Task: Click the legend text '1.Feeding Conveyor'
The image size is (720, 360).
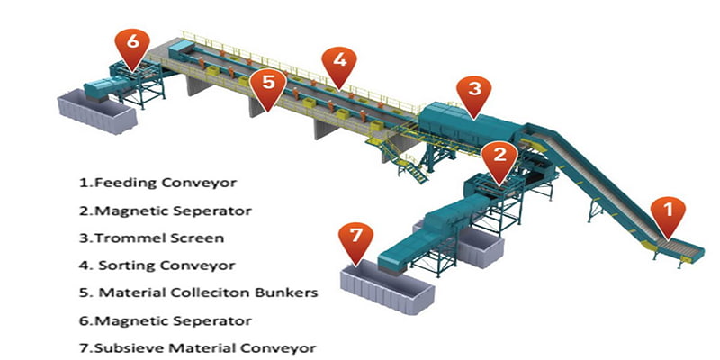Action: (158, 183)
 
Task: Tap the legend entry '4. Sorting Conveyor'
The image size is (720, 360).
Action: (158, 265)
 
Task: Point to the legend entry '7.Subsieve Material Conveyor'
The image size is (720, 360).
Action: (198, 347)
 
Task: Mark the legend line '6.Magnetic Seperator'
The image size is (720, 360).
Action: (165, 320)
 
